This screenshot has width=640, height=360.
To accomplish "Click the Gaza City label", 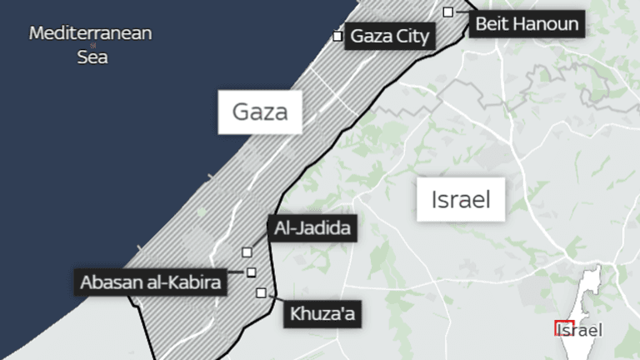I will click(390, 36).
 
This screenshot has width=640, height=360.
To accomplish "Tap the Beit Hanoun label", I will click(526, 23).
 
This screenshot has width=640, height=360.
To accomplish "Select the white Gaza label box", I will click(259, 112).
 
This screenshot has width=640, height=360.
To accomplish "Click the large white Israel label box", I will click(460, 199).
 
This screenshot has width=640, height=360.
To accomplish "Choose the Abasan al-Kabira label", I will click(151, 282).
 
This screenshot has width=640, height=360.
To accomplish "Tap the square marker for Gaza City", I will click(337, 36).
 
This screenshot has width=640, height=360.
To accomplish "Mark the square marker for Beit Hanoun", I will click(448, 12).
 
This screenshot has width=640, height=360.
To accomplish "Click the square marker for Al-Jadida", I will click(247, 252).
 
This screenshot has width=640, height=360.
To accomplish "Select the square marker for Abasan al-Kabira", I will click(251, 272).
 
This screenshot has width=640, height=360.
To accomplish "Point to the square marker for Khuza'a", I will click(262, 292).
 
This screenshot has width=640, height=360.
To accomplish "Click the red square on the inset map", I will click(563, 327).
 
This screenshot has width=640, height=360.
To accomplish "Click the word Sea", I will click(92, 58).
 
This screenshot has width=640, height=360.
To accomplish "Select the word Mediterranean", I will click(92, 34).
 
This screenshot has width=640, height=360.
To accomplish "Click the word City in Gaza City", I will click(413, 36).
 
